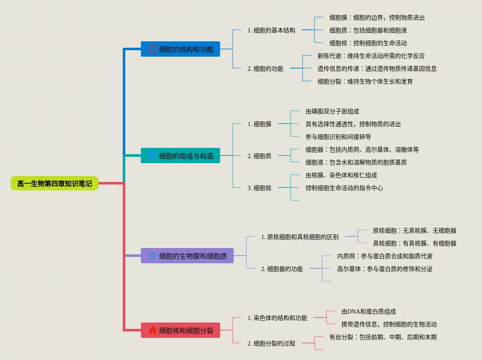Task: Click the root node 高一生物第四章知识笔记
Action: click(x=55, y=184)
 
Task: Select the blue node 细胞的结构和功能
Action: click(x=180, y=49)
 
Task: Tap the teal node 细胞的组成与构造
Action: click(x=180, y=156)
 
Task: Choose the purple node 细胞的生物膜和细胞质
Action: click(x=187, y=256)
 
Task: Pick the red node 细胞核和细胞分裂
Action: click(x=180, y=330)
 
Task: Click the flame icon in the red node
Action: click(x=153, y=330)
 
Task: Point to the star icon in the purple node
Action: click(x=153, y=256)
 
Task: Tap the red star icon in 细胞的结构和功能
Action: click(x=153, y=49)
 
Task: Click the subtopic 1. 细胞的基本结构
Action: click(x=271, y=30)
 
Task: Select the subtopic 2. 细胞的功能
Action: click(x=266, y=69)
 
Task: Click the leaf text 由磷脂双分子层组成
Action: click(x=332, y=111)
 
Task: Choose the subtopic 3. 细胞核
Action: click(x=260, y=188)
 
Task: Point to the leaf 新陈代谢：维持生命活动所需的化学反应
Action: click(x=371, y=56)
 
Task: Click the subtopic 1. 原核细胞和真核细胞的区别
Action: click(x=300, y=237)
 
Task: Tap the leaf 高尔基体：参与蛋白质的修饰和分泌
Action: click(x=385, y=269)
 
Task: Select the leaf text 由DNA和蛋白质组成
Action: click(x=369, y=311)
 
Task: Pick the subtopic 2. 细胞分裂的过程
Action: click(x=271, y=343)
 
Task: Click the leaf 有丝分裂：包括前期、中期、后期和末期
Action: click(x=383, y=337)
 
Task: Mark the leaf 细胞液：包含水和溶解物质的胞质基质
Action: click(x=356, y=162)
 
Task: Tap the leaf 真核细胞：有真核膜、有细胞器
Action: click(x=415, y=243)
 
